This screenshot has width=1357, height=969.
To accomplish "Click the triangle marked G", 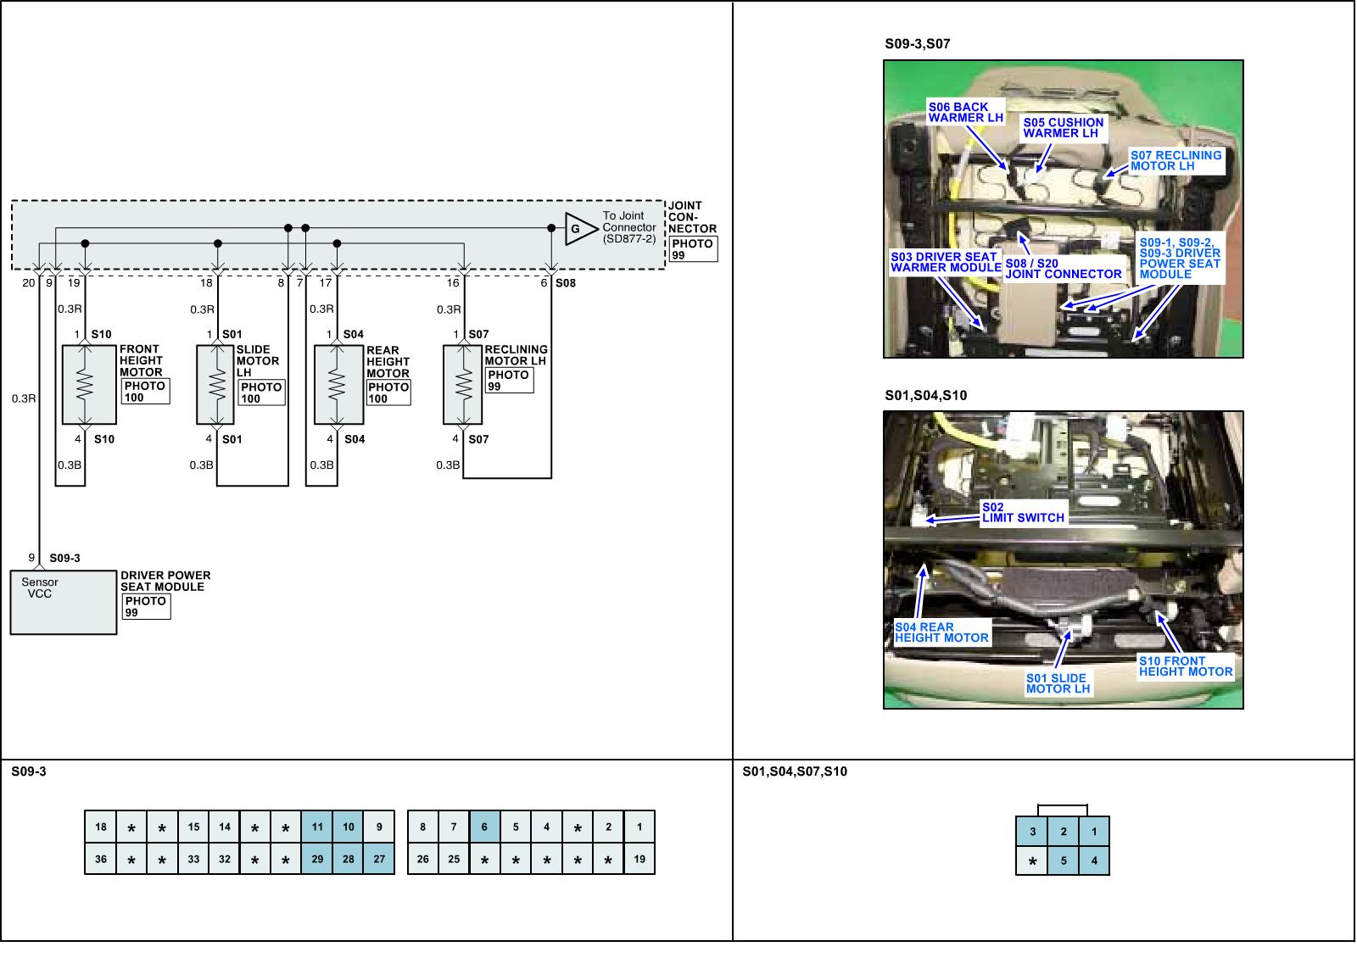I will [578, 229].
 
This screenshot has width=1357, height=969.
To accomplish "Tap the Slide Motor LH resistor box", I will [215, 385].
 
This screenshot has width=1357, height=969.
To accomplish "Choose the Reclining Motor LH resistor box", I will [462, 385].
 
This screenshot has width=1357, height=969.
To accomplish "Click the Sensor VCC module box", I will [63, 602].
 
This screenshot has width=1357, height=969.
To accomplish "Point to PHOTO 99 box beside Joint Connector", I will [692, 249].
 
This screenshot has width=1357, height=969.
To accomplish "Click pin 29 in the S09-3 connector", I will [317, 859].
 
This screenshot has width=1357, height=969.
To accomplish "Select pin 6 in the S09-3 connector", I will [484, 827].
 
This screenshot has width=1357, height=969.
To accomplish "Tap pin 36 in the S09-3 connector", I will [101, 859].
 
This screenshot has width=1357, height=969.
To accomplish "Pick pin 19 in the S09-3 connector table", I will [639, 859].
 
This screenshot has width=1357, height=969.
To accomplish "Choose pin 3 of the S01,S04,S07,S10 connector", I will [1032, 832].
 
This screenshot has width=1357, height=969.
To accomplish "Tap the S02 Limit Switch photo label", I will [1023, 513].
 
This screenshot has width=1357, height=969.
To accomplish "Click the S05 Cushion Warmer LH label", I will [1063, 128].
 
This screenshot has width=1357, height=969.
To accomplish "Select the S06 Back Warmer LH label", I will [965, 113].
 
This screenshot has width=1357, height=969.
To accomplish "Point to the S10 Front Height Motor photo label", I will [1186, 666].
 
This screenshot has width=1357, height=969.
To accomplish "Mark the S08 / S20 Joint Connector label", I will [1064, 269].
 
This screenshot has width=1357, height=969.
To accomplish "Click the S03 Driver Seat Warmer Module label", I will [946, 262].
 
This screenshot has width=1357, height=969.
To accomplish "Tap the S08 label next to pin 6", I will [566, 283].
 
